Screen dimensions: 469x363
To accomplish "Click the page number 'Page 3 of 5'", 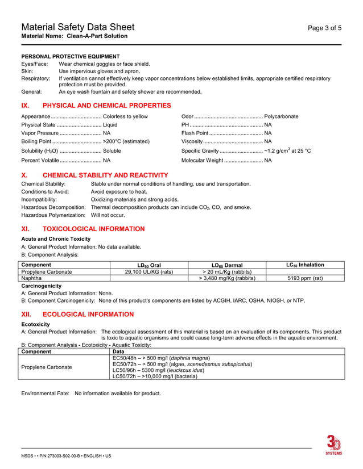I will coord(324,28).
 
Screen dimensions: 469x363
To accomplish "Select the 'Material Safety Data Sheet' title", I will coord(78,27).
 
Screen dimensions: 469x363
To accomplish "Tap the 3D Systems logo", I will coord(333,445).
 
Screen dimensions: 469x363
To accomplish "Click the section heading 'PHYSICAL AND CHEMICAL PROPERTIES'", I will coord(106,106).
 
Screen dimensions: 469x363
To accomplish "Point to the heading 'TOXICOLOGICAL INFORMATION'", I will coord(93,229).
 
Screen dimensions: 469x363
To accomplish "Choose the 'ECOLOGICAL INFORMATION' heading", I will coord(88,315).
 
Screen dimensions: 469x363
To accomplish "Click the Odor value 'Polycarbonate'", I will coord(281,116).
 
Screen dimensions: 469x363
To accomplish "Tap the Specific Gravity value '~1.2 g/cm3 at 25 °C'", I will coord(287,151).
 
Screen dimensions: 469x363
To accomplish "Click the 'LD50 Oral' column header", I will coord(149,265).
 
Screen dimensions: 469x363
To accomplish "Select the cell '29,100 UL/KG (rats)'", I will coord(149,272).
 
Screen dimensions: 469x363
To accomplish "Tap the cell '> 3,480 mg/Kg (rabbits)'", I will coord(227,279).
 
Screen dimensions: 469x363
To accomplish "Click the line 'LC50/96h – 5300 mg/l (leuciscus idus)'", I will coord(166,370).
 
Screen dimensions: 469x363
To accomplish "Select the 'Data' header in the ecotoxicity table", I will coord(119,352).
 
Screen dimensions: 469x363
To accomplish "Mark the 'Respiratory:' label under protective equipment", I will coord(35,78).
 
